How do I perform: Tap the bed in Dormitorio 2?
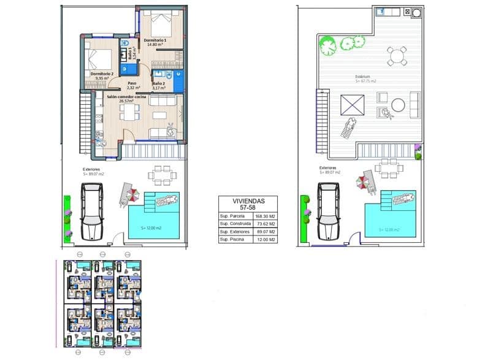(100, 60)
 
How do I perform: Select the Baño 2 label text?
(159, 85)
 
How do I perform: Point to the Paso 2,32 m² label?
(132, 85)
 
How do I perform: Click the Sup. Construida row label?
(234, 224)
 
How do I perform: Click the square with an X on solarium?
(353, 104)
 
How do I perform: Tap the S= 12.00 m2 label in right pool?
(389, 229)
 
